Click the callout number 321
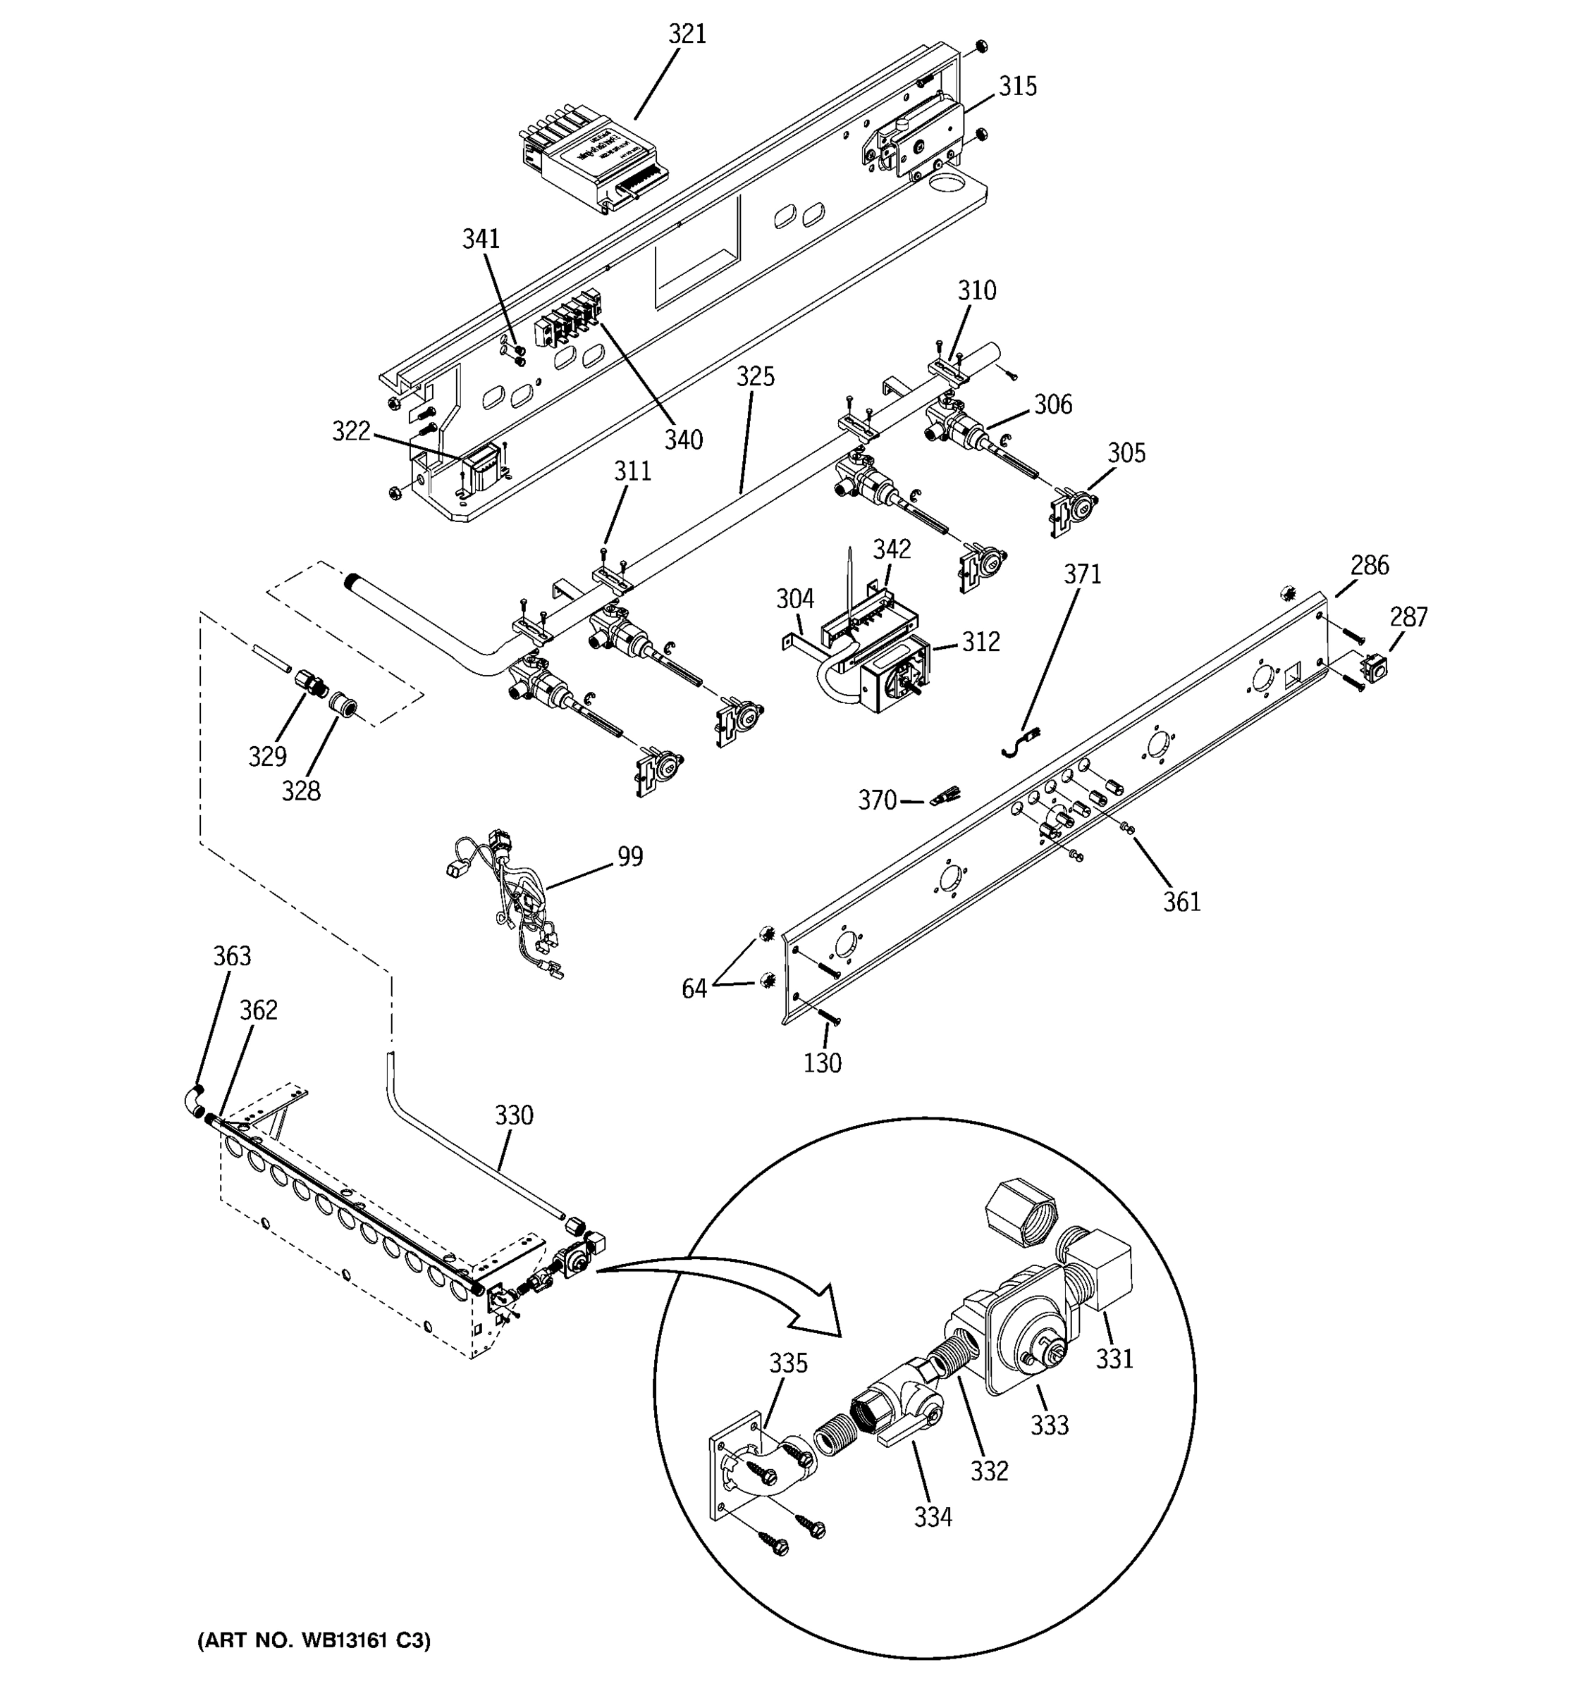[x=687, y=34]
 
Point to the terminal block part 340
[x=568, y=321]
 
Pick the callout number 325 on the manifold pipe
[x=756, y=377]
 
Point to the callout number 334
[x=933, y=1517]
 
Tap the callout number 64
[x=694, y=989]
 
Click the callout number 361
[x=1181, y=902]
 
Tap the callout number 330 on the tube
[x=514, y=1115]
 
